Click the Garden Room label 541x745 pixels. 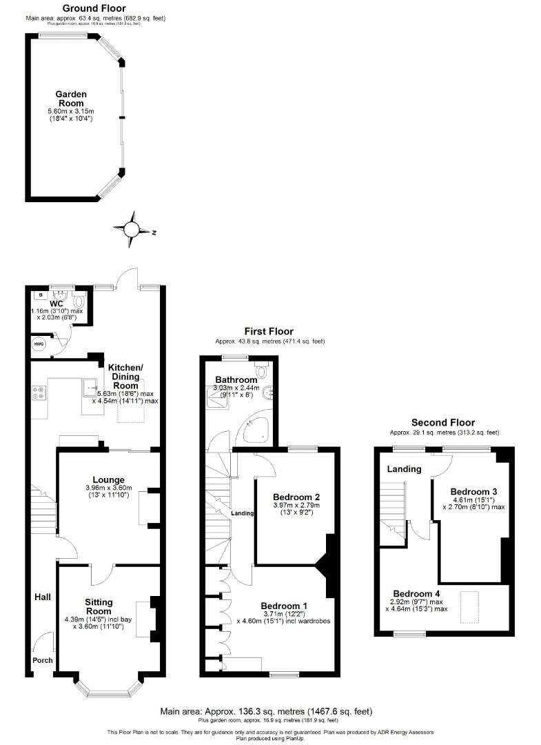71,99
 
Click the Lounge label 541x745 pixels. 109,479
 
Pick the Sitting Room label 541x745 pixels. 99,606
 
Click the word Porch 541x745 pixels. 43,660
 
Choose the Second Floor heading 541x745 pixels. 443,422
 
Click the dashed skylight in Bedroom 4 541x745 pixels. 471,607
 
